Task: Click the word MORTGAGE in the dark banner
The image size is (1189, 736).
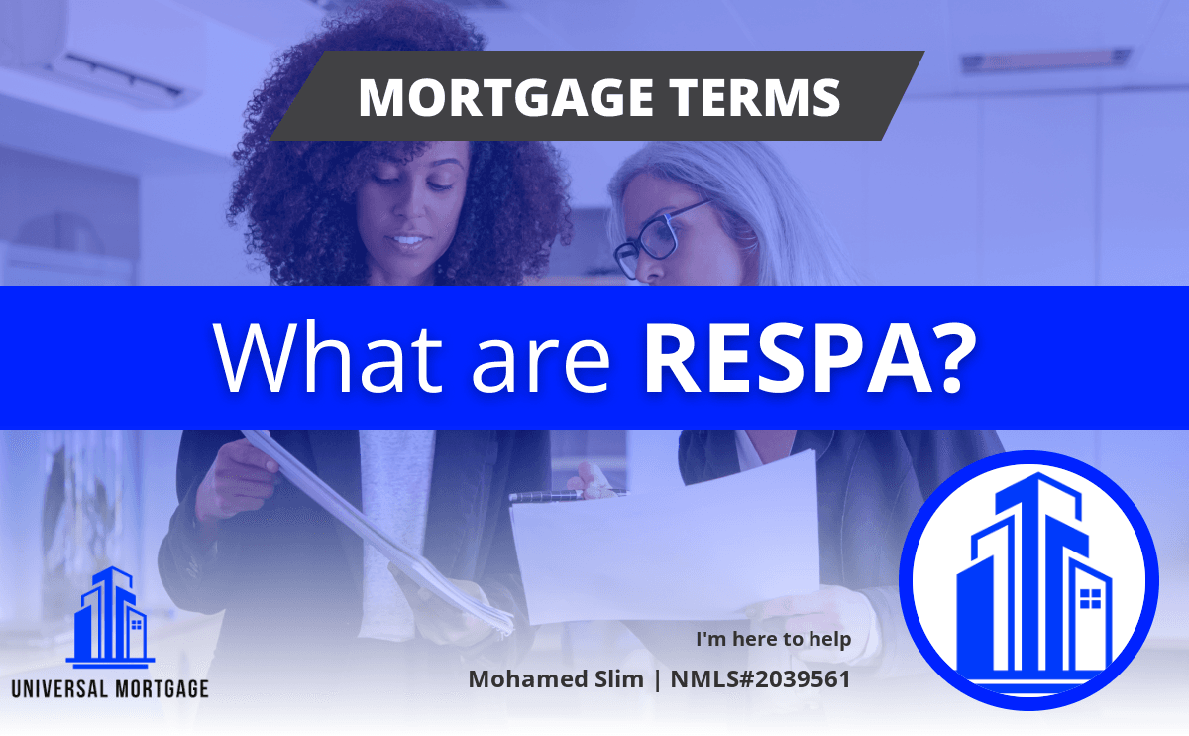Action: point(506,98)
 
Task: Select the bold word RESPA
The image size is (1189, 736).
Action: point(788,358)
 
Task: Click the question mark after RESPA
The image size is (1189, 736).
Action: point(954,358)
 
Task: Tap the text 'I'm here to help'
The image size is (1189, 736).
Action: point(774,639)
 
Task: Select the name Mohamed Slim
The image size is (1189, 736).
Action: point(555,679)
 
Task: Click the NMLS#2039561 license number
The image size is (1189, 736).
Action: point(760,679)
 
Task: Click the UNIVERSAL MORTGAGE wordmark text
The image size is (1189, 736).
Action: point(110,688)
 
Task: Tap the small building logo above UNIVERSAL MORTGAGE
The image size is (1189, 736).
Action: point(110,617)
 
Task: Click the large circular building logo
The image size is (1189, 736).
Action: point(1028,580)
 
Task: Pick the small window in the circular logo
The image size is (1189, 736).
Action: point(1091,598)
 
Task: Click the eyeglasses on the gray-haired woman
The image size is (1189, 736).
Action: point(661,239)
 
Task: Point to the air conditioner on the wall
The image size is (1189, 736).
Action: point(101,54)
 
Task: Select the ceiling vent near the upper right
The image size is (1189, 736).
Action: point(1046,61)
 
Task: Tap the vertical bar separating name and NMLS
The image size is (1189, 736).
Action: point(657,679)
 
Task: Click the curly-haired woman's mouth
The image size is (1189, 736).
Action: point(407,242)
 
